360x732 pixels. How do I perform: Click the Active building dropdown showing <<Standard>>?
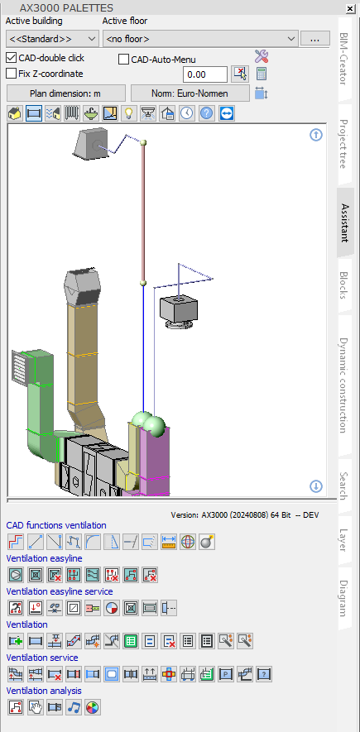[x=52, y=38]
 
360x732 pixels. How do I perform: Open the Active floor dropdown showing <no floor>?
[x=199, y=38]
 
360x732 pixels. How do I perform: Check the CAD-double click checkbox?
[x=12, y=58]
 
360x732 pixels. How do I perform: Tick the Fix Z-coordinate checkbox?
[x=12, y=74]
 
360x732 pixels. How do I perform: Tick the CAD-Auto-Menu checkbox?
[x=124, y=60]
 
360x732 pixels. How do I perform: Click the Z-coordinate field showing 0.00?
[x=206, y=74]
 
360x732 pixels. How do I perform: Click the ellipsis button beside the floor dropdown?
[x=314, y=39]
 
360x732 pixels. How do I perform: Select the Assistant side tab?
[x=345, y=222]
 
